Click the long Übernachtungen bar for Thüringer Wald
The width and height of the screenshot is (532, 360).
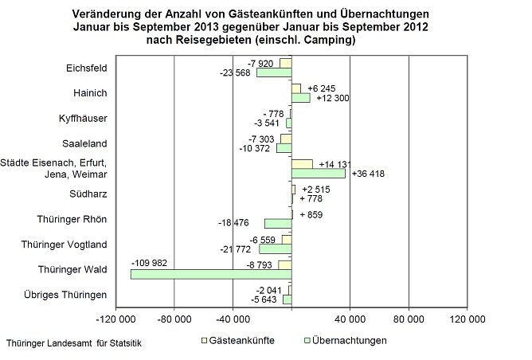[x=211, y=274]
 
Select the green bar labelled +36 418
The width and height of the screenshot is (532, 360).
[x=319, y=173]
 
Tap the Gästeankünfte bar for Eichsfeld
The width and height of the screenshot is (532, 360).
[x=285, y=63]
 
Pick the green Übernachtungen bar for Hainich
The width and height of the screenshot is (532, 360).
[x=300, y=98]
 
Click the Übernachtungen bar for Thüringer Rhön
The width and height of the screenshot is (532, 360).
[x=278, y=223]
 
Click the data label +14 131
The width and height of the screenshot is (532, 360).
[x=335, y=164]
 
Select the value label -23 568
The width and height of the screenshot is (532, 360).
[x=237, y=73]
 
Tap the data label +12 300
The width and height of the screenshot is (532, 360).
[x=333, y=99]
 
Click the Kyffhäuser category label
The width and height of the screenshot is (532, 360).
[x=84, y=119]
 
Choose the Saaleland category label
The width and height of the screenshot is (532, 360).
[x=85, y=144]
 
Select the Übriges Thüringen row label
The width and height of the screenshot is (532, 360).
[x=72, y=295]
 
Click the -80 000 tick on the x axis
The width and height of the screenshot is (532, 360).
[x=174, y=321]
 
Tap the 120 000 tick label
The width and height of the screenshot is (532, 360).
[x=467, y=321]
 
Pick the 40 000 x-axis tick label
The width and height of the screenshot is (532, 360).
[x=350, y=321]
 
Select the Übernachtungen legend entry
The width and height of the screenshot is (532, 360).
[x=347, y=341]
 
